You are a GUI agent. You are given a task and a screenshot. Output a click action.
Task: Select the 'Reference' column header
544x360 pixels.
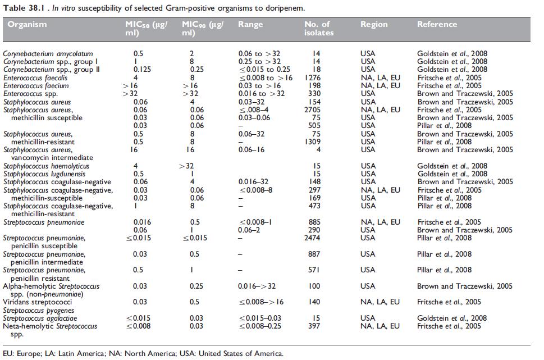437,25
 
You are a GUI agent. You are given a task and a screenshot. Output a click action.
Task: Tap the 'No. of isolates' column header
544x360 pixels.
318,29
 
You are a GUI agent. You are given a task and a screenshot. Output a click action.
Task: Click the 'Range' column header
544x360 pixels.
250,25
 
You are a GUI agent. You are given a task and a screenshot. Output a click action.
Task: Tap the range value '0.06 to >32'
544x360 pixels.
259,54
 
